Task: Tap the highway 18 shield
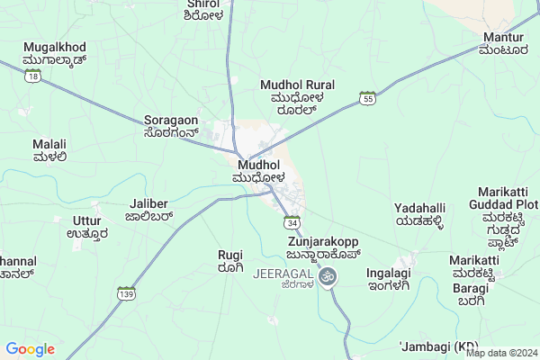pos(33,78)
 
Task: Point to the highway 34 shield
pos(292,222)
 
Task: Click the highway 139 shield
pos(126,293)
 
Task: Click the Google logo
pos(31,349)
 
